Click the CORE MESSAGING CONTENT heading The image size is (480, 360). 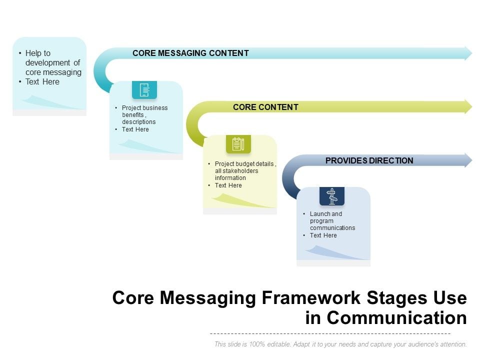coord(190,53)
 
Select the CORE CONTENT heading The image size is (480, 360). coord(265,107)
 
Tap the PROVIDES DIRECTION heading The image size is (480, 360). coord(369,160)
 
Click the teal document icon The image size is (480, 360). coord(144,90)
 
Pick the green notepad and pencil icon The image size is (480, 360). coord(238,144)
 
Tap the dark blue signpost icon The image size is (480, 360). coord(332,196)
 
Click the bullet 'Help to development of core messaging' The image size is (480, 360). coord(53,62)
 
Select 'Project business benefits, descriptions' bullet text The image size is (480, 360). coord(144,114)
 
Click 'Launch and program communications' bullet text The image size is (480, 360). coord(332,220)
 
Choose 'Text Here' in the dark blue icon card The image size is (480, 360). coord(323,235)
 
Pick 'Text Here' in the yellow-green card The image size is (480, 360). coord(228,185)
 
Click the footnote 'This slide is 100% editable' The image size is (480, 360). coord(340,344)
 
